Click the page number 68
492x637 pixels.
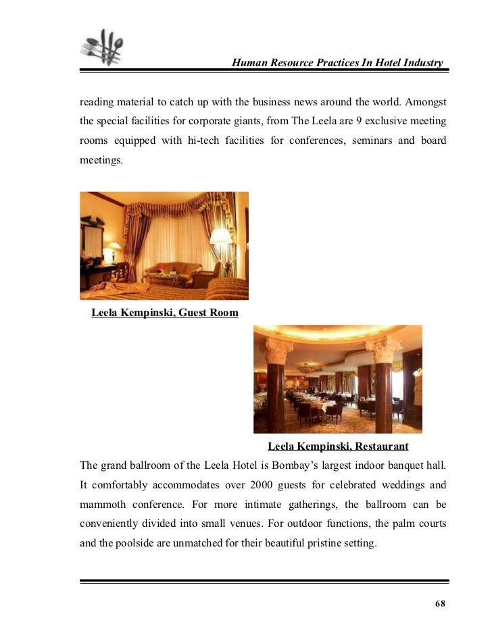pos(440,603)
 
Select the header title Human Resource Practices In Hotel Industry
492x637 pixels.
pos(337,63)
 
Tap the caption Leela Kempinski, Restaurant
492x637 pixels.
pos(338,447)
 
